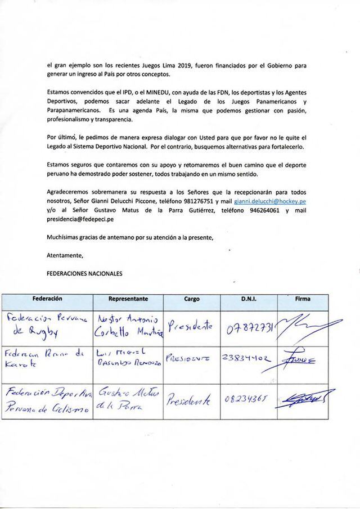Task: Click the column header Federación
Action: [47, 299]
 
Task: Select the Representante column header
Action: [128, 299]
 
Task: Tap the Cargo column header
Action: [192, 299]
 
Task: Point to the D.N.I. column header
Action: [248, 299]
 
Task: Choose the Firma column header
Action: [302, 299]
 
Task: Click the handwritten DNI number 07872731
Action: [248, 326]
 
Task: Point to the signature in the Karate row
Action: [303, 358]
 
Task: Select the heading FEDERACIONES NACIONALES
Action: [84, 273]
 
